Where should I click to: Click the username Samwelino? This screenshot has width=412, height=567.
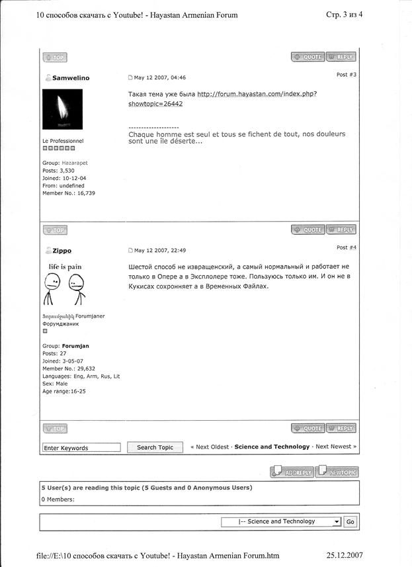coord(71,78)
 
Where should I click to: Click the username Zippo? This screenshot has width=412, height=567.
coord(62,251)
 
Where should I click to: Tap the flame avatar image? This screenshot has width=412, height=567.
coord(62,109)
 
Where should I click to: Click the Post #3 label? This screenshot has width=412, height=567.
coord(347,75)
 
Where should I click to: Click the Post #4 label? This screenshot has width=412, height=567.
coord(347,247)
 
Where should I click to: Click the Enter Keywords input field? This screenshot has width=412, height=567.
coord(81,448)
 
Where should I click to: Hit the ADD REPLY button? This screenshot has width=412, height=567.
coord(291,472)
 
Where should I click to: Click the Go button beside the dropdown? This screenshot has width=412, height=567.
coord(350,522)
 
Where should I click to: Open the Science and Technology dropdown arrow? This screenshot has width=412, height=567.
coord(337,522)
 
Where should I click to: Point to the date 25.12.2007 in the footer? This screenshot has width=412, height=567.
coord(345,555)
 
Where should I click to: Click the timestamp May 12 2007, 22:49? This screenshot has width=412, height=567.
coord(160,251)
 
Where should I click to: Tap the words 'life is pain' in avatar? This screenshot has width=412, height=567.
coord(65,267)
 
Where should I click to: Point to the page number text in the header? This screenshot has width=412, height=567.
coord(345,15)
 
